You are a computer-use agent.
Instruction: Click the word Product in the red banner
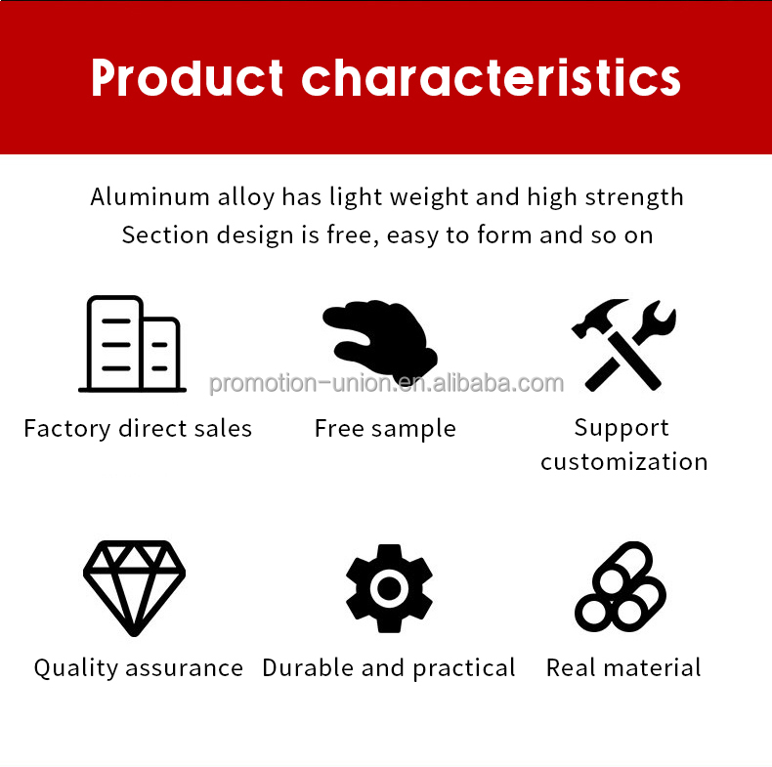(187, 78)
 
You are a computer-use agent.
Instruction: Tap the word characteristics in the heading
(491, 78)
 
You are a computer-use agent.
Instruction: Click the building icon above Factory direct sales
(133, 344)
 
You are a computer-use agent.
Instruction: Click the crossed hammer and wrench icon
(623, 344)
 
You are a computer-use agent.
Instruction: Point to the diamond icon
(134, 588)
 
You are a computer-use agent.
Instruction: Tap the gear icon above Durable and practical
(389, 588)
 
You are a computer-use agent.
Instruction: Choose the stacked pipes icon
(622, 586)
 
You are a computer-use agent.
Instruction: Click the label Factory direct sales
(138, 429)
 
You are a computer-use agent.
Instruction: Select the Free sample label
(385, 429)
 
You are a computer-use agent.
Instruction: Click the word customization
(623, 462)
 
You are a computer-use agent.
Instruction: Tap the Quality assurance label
(138, 668)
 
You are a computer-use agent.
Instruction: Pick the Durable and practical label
(389, 668)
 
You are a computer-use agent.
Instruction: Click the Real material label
(623, 668)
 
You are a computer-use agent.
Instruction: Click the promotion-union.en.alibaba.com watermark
(386, 383)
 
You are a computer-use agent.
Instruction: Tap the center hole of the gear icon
(389, 588)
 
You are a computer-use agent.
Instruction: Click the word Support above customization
(622, 428)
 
